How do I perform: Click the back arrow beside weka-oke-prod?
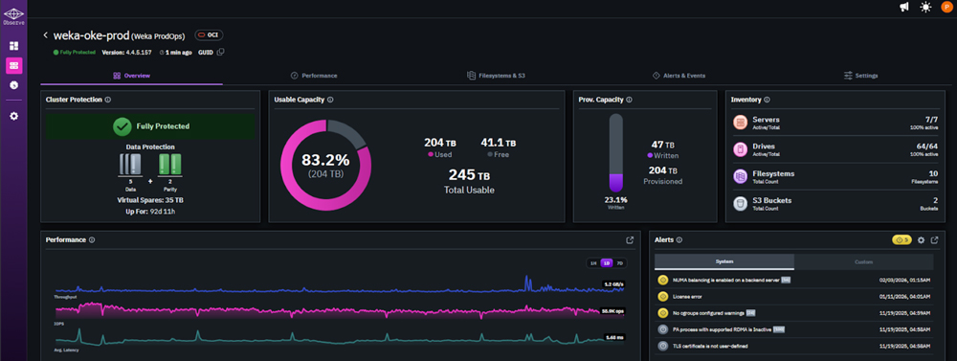pos(45,35)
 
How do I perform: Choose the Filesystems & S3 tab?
pos(496,75)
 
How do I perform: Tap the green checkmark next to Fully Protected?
pos(122,125)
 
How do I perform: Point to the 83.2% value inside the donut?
pos(324,159)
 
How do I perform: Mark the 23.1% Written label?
pos(616,198)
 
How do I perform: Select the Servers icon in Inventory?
pos(740,123)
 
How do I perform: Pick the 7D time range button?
pos(619,263)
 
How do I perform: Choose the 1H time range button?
pos(593,263)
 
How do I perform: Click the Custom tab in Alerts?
pos(863,261)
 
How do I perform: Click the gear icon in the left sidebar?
pos(13,116)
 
